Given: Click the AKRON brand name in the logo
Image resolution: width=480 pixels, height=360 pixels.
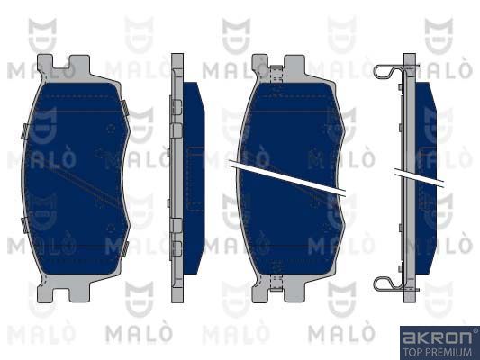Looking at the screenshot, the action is (437, 337).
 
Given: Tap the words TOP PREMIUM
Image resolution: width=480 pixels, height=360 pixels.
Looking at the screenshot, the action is (438, 352).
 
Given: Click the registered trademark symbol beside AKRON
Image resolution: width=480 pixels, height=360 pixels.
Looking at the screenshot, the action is (475, 330).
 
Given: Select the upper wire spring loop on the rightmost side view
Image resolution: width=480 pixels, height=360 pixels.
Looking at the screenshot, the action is (389, 73).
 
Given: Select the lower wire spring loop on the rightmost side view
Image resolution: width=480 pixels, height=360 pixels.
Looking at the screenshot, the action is (389, 283).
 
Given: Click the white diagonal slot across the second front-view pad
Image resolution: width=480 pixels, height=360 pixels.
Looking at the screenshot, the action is (287, 178).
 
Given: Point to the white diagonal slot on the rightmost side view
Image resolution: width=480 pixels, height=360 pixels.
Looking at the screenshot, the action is (420, 177).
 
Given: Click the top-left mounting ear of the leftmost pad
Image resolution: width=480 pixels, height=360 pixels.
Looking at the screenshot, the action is (45, 65).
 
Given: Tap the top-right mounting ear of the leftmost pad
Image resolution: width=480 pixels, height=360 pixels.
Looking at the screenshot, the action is (79, 65).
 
